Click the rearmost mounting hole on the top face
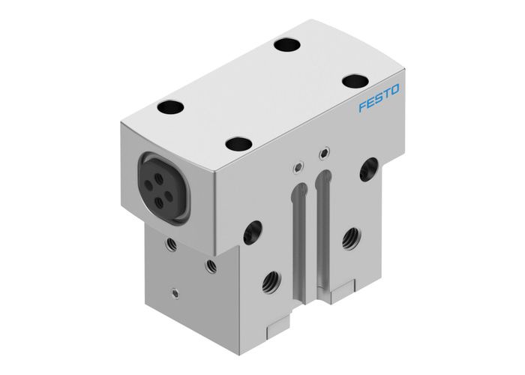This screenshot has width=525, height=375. coord(286,44)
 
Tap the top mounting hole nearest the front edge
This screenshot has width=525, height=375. coord(239,142)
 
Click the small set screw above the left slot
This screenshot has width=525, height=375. coord(299,165)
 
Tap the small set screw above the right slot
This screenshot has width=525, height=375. coord(324,155)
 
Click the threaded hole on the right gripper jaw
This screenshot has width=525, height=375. coord(349,239)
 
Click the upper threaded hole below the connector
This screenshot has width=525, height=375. coord(172,243)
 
